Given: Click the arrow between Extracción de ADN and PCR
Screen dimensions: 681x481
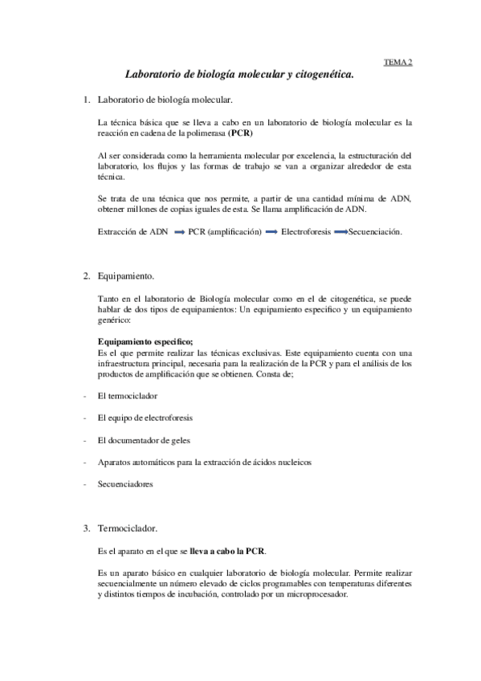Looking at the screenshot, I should coord(178,232).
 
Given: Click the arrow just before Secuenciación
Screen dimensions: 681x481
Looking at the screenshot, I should coord(340,232).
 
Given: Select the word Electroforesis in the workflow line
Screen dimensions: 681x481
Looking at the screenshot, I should coord(305,232).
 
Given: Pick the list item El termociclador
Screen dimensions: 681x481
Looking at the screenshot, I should coord(127,396).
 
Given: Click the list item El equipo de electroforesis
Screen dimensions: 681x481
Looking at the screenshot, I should coord(144,418).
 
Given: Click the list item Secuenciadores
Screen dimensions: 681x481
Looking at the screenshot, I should coord(124,484).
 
